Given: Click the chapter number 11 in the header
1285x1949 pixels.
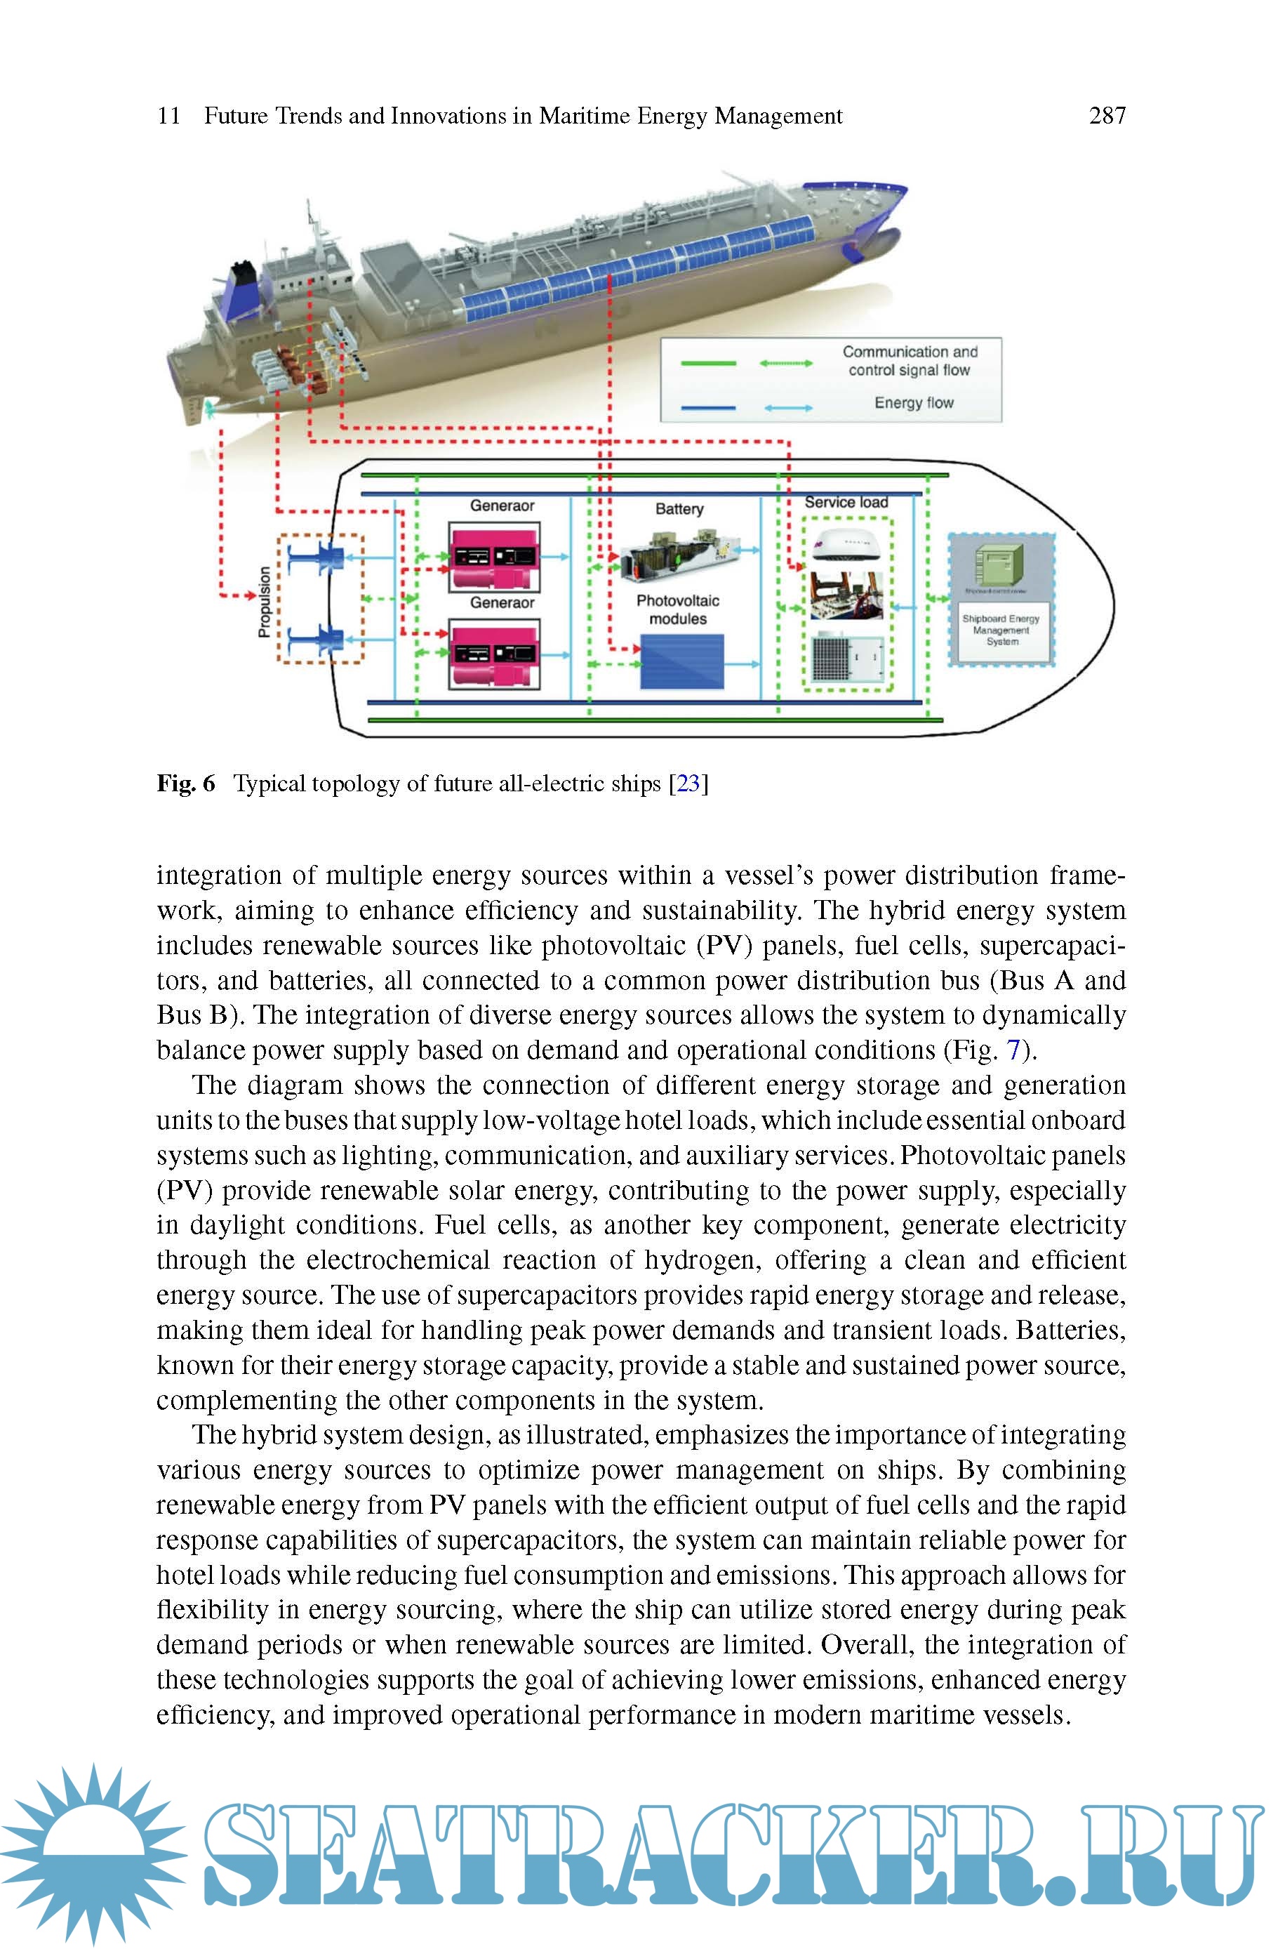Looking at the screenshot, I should tap(169, 116).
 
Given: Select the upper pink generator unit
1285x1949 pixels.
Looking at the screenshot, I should tap(493, 558).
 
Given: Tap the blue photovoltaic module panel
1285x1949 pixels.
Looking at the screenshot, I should tap(682, 662).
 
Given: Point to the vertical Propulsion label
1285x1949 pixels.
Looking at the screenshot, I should tap(264, 602).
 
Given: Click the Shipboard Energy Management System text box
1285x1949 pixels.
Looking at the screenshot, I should tap(1001, 630).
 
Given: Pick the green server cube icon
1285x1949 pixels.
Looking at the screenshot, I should tap(998, 564).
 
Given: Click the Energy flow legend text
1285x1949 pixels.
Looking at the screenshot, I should tap(914, 403).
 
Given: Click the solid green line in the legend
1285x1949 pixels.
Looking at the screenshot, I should tap(708, 363).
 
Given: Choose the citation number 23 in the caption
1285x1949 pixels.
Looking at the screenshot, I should tap(688, 784).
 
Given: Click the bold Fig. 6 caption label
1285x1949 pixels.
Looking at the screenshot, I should tap(186, 784).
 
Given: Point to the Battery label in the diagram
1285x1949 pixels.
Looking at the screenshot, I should tap(679, 509).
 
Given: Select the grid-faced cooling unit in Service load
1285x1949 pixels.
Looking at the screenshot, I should tap(847, 658).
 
